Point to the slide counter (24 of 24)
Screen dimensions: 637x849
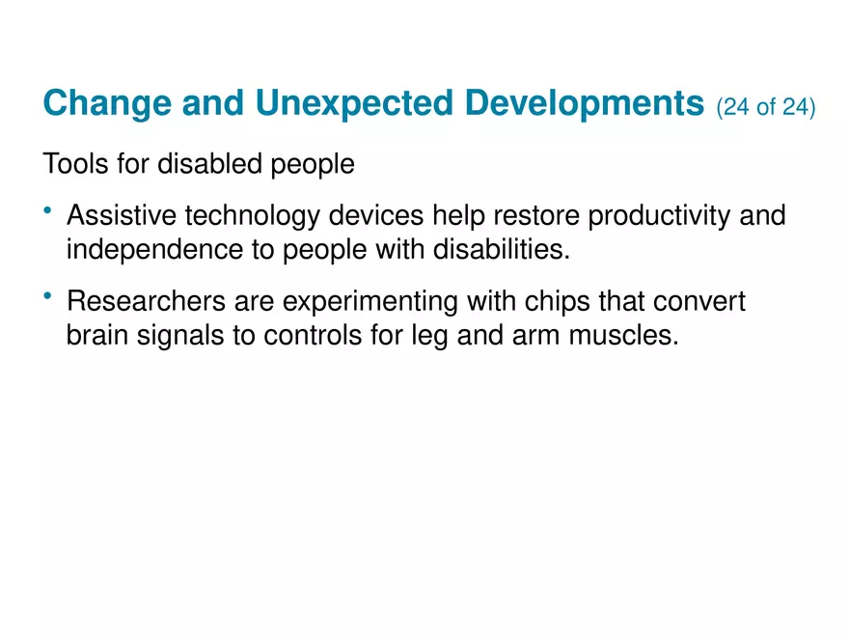click(766, 107)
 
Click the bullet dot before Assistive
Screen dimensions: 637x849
click(48, 210)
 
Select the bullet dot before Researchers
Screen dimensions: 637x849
click(48, 296)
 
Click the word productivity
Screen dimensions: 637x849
click(660, 216)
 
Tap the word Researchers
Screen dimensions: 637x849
click(146, 302)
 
